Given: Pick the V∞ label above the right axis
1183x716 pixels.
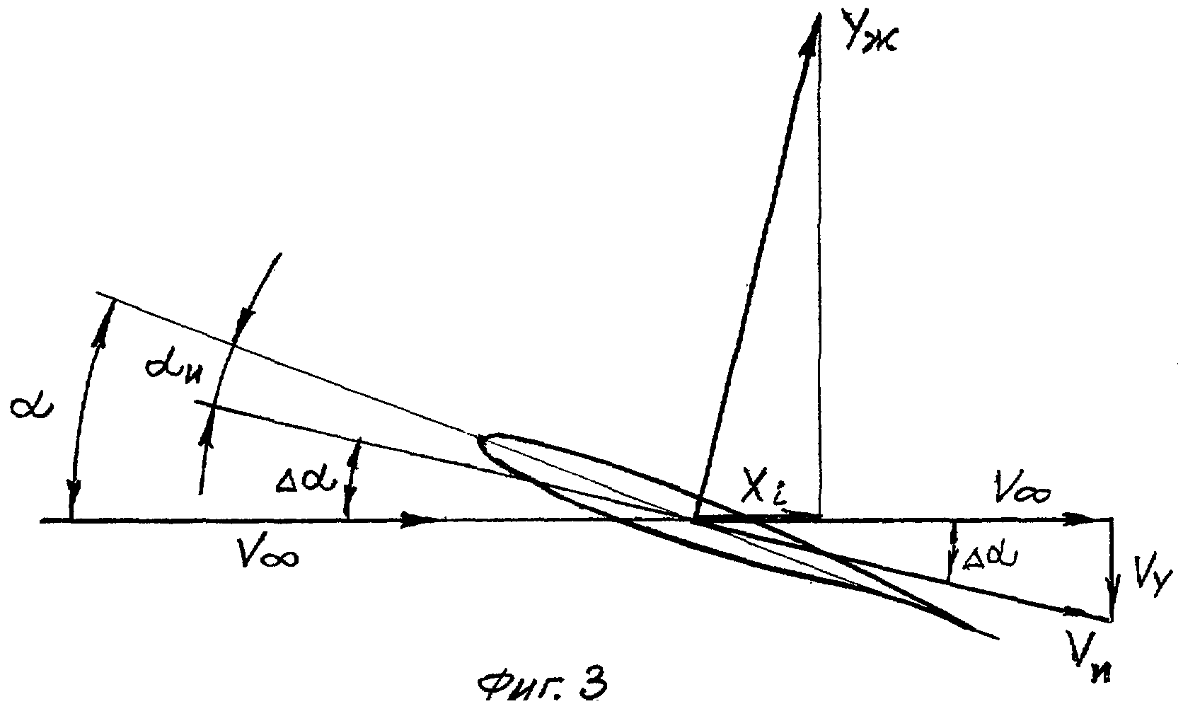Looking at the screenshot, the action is [x=1021, y=492].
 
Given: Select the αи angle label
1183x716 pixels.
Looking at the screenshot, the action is [x=173, y=368].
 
